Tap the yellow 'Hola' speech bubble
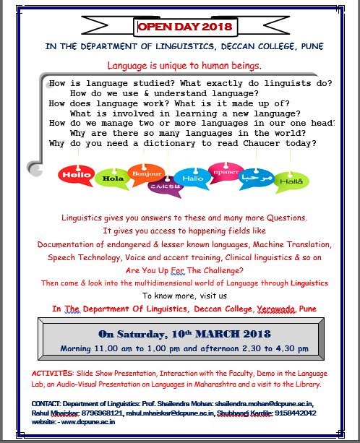click(111, 176)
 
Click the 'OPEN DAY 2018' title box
click(186, 27)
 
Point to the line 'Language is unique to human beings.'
click(184, 66)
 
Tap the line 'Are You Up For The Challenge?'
click(185, 270)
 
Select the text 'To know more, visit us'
click(184, 296)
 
